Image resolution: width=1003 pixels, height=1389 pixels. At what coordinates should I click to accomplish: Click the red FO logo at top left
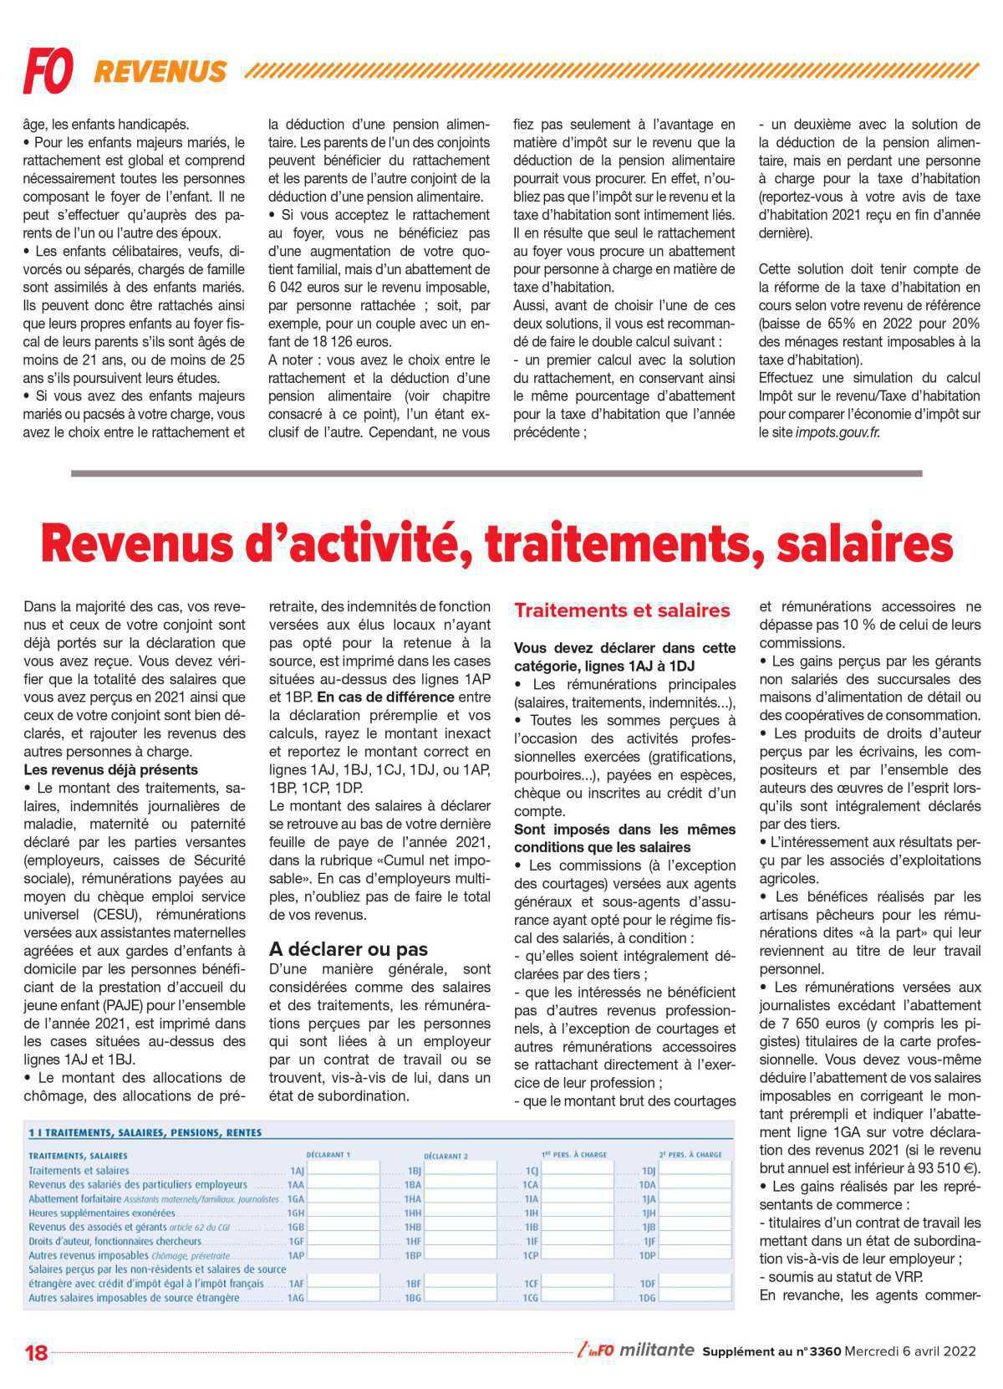tap(48, 70)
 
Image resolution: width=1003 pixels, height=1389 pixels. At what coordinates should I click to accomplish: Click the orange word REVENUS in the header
tap(160, 72)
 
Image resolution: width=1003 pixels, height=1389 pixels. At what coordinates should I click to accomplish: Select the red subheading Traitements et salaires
tap(622, 610)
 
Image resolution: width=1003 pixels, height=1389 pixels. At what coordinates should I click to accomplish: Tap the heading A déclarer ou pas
tap(348, 949)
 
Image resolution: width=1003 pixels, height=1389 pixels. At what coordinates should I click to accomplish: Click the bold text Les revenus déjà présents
tap(111, 769)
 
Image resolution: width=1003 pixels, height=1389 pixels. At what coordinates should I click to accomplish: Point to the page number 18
tap(37, 1352)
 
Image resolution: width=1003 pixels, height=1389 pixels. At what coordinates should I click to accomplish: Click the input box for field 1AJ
tap(343, 1171)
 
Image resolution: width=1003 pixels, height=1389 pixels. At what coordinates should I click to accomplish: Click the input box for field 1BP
tap(460, 1255)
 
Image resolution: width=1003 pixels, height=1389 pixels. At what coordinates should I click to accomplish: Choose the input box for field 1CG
tap(577, 1298)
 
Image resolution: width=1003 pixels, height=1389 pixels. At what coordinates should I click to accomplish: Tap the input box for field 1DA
tap(695, 1185)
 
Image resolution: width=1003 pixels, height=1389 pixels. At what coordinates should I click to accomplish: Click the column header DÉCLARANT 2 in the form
tap(445, 1155)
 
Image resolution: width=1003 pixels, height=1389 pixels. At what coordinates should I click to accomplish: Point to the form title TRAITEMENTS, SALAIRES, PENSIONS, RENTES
tap(145, 1132)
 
